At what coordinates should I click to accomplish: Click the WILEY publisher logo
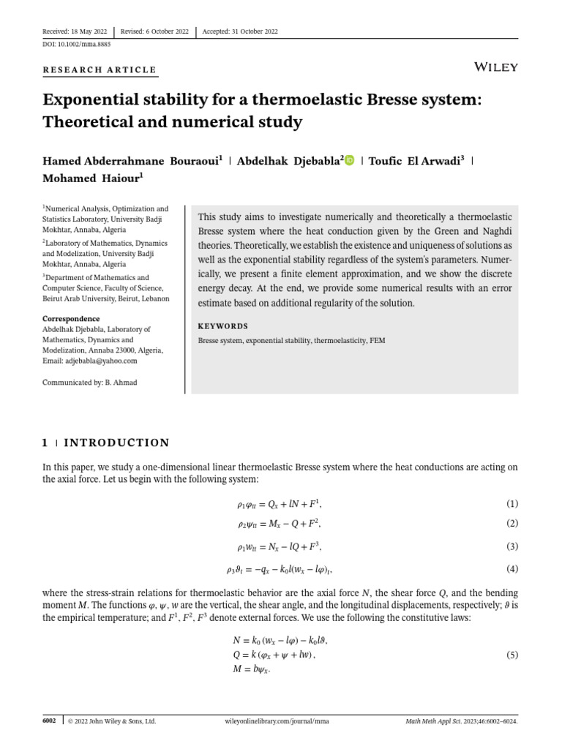496,67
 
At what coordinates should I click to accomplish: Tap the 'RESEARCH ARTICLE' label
100,70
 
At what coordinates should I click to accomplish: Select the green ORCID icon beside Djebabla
349,160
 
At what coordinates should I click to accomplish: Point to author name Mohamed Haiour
93,178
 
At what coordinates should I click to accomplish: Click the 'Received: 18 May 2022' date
75,31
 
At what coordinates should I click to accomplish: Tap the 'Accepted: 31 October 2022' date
240,31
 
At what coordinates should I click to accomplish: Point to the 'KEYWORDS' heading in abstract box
223,326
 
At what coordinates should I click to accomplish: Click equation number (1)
512,504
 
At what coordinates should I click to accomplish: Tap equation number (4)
512,568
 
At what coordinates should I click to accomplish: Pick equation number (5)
512,655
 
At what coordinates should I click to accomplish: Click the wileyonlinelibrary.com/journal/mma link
276,721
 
